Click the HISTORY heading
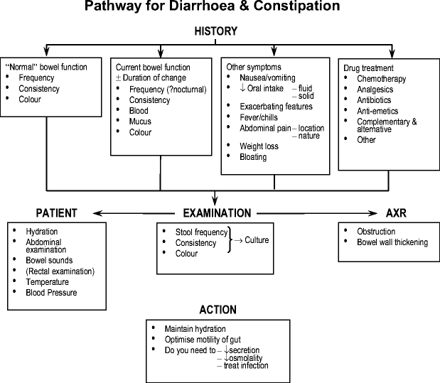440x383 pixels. coord(216,31)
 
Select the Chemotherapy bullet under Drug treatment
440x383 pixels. coord(382,77)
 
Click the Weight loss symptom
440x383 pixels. coord(259,146)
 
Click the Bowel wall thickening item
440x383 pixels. coord(392,242)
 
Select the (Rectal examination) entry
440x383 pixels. coord(60,271)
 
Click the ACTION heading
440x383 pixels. coord(218,311)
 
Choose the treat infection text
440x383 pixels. coord(245,365)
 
